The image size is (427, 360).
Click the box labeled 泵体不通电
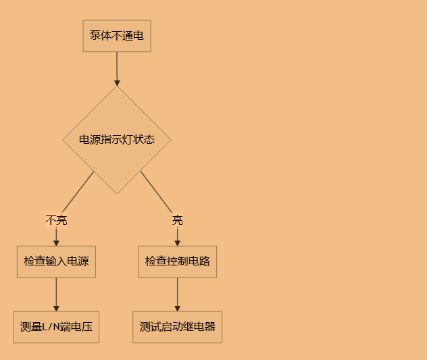click(117, 36)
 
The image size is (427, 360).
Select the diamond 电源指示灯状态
click(117, 140)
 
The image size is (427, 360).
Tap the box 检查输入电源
click(56, 261)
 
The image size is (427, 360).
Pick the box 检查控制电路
click(178, 261)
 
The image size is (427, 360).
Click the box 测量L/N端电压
click(56, 327)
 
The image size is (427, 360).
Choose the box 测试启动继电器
click(178, 327)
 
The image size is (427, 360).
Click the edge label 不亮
click(56, 220)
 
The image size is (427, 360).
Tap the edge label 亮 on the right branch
click(178, 220)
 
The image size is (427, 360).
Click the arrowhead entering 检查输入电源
click(56, 242)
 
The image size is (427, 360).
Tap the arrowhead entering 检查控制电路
click(178, 242)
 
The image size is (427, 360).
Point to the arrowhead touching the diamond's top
click(117, 82)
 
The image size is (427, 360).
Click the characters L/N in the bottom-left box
click(52, 327)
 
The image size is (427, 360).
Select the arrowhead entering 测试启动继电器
click(178, 307)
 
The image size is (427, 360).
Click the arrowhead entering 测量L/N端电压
click(56, 307)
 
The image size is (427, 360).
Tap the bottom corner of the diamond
click(117, 193)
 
